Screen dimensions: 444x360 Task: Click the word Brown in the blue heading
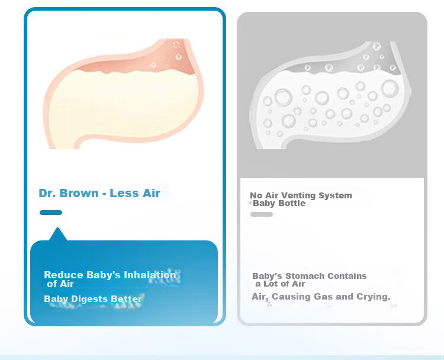[x=79, y=193]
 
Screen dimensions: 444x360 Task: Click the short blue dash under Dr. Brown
[x=51, y=213]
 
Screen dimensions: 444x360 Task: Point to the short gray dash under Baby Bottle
[x=262, y=214]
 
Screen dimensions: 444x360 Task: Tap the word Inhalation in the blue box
[x=150, y=275]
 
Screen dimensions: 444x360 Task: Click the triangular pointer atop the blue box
[x=58, y=234]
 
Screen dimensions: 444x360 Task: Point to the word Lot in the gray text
[x=271, y=284]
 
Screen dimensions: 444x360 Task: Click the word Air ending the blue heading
[x=152, y=193]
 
